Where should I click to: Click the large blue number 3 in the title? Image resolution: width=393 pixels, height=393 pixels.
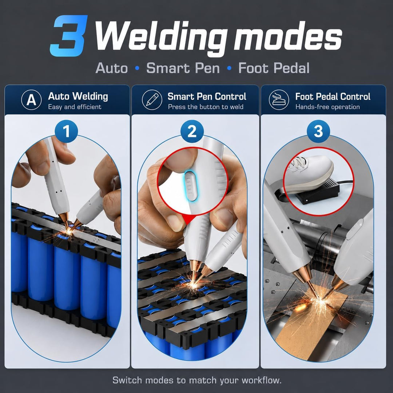pyautogui.click(x=69, y=36)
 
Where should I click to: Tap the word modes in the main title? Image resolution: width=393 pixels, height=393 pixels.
pyautogui.click(x=288, y=37)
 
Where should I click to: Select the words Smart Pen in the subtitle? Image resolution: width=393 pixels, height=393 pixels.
pyautogui.click(x=183, y=68)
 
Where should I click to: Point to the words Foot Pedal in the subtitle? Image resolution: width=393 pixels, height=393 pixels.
pyautogui.click(x=274, y=68)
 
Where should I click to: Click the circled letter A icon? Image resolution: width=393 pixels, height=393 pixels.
pyautogui.click(x=31, y=100)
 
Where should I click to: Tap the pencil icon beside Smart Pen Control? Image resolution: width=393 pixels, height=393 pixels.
pyautogui.click(x=152, y=100)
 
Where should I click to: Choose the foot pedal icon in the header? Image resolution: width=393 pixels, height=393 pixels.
pyautogui.click(x=279, y=100)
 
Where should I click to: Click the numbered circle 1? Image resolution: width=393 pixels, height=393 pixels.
pyautogui.click(x=66, y=131)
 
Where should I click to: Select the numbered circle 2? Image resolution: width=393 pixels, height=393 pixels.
pyautogui.click(x=192, y=131)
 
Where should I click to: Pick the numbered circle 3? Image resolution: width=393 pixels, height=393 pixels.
pyautogui.click(x=318, y=131)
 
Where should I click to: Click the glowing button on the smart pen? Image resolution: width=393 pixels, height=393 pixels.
pyautogui.click(x=191, y=186)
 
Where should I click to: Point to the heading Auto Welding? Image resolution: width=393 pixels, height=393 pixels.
pyautogui.click(x=78, y=96)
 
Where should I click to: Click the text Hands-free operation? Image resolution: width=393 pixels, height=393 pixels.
pyautogui.click(x=327, y=107)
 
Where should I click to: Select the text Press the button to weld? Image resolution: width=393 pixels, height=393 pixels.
pyautogui.click(x=206, y=107)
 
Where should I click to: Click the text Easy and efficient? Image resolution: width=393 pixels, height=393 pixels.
pyautogui.click(x=75, y=107)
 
